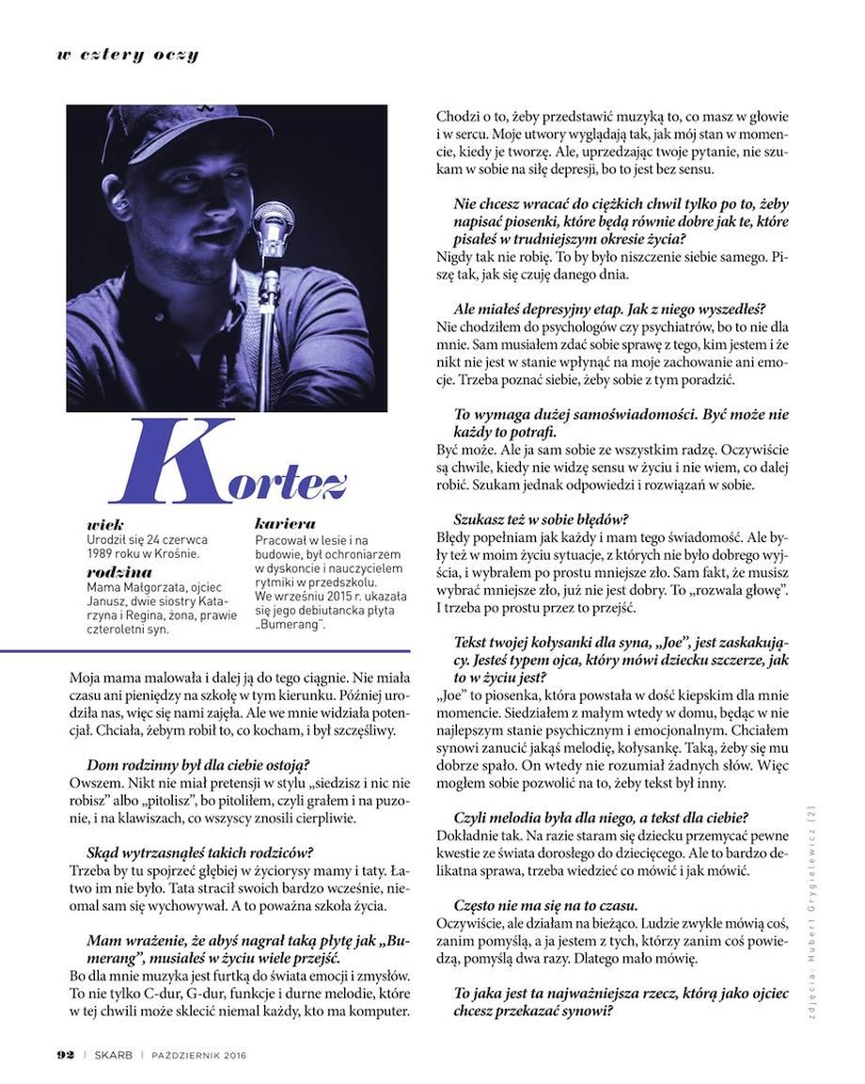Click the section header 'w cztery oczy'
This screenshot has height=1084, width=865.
(127, 54)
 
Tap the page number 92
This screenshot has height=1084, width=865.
(59, 1054)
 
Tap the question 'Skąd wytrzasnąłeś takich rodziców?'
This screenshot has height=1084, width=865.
(199, 853)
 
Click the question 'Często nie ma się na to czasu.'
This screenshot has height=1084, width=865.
(546, 905)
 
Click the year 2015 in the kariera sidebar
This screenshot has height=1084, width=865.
(330, 597)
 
